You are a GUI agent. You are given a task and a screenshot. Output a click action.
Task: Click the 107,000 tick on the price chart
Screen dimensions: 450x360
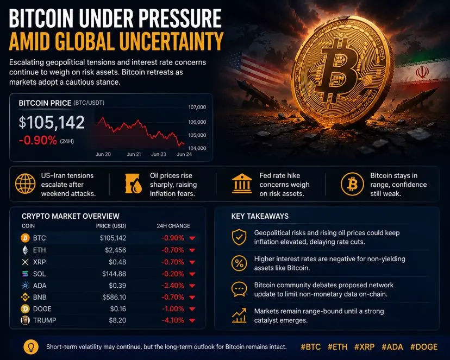pyautogui.click(x=197, y=107)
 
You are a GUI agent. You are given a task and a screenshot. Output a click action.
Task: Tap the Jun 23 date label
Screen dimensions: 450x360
pyautogui.click(x=159, y=154)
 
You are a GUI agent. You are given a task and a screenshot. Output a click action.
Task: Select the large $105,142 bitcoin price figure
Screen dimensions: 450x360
pyautogui.click(x=52, y=122)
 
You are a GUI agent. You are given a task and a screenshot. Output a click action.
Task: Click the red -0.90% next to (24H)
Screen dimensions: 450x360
pyautogui.click(x=38, y=141)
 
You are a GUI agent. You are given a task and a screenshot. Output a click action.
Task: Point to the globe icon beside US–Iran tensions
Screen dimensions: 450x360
pyautogui.click(x=25, y=184)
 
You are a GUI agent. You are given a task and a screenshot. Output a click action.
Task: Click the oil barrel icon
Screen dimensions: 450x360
pyautogui.click(x=134, y=184)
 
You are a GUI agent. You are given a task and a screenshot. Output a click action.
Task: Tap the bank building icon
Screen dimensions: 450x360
pyautogui.click(x=242, y=184)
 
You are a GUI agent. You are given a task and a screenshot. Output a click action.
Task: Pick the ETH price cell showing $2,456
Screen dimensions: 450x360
pyautogui.click(x=115, y=250)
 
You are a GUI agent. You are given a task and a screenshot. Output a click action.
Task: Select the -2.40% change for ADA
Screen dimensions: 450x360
pyautogui.click(x=172, y=286)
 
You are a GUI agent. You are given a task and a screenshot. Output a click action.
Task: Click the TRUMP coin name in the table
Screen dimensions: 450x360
pyautogui.click(x=45, y=320)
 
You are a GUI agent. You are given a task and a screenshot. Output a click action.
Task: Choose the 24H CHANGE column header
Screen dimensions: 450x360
pyautogui.click(x=173, y=226)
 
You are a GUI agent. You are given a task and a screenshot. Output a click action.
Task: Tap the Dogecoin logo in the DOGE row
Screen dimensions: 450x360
pyautogui.click(x=25, y=309)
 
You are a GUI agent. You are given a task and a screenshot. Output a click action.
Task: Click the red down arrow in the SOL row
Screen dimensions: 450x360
pyautogui.click(x=192, y=274)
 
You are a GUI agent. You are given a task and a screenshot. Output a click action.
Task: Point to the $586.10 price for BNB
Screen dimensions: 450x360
pyautogui.click(x=114, y=297)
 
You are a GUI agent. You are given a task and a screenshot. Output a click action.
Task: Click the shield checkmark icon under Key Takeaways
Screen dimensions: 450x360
pyautogui.click(x=239, y=237)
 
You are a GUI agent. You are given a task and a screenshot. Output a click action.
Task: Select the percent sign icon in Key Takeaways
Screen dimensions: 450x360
pyautogui.click(x=239, y=263)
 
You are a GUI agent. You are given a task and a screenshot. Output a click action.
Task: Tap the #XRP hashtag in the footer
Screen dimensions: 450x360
pyautogui.click(x=365, y=347)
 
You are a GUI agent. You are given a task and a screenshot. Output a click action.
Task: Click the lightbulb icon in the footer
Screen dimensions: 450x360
pyautogui.click(x=31, y=347)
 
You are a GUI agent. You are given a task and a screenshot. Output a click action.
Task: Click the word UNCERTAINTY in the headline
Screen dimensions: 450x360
pyautogui.click(x=171, y=41)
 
